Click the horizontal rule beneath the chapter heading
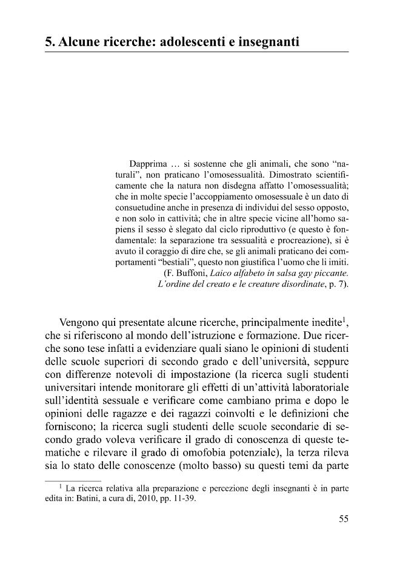(197, 53)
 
